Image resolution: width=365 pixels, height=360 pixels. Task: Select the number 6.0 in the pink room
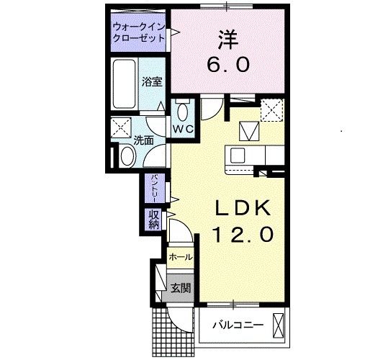pyautogui.click(x=229, y=65)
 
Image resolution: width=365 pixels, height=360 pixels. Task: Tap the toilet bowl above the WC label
pyautogui.click(x=181, y=112)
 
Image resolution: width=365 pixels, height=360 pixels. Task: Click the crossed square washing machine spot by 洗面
pyautogui.click(x=120, y=130)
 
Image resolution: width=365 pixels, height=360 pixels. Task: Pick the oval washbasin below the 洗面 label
pyautogui.click(x=126, y=155)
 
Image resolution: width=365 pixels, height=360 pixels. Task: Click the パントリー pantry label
pyautogui.click(x=153, y=188)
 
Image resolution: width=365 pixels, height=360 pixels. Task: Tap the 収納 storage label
pyautogui.click(x=154, y=219)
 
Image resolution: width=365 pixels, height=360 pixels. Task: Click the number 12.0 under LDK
pyautogui.click(x=243, y=234)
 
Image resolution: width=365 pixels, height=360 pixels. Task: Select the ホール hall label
pyautogui.click(x=180, y=257)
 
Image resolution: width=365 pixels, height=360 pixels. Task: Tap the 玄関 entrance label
pyautogui.click(x=180, y=289)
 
